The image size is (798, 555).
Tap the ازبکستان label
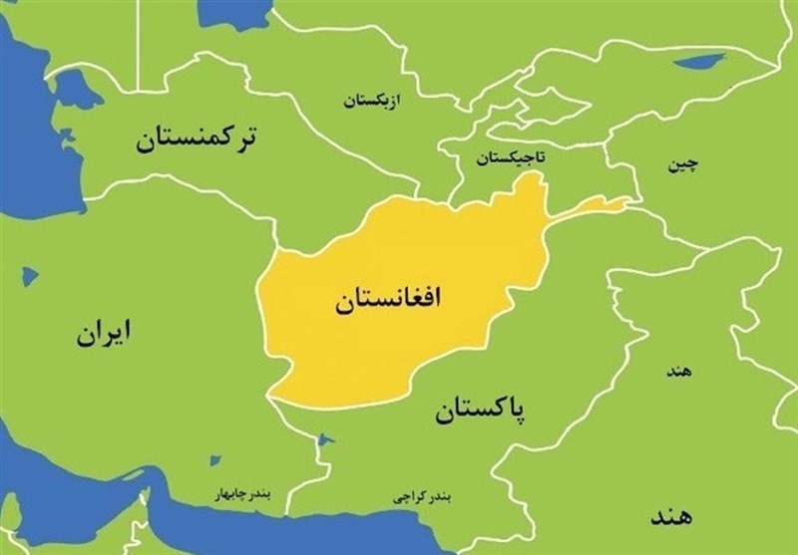tap(374, 100)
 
